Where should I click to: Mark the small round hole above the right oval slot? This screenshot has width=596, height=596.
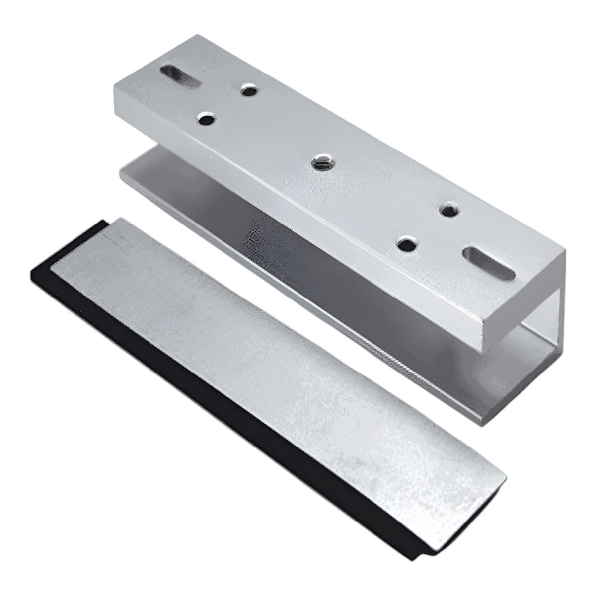(449, 209)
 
